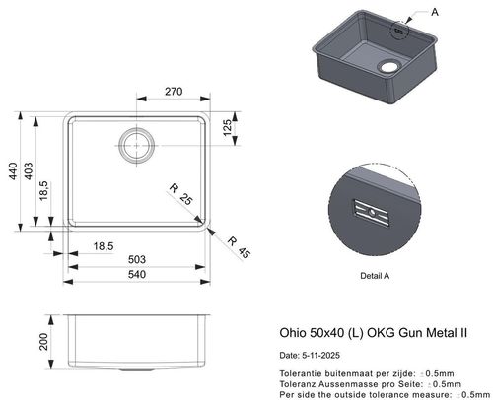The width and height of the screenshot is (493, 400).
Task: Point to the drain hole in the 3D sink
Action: [x=387, y=67]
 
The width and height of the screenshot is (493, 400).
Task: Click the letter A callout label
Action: [x=435, y=10]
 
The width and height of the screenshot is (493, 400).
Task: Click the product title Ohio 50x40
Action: [x=301, y=333]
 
